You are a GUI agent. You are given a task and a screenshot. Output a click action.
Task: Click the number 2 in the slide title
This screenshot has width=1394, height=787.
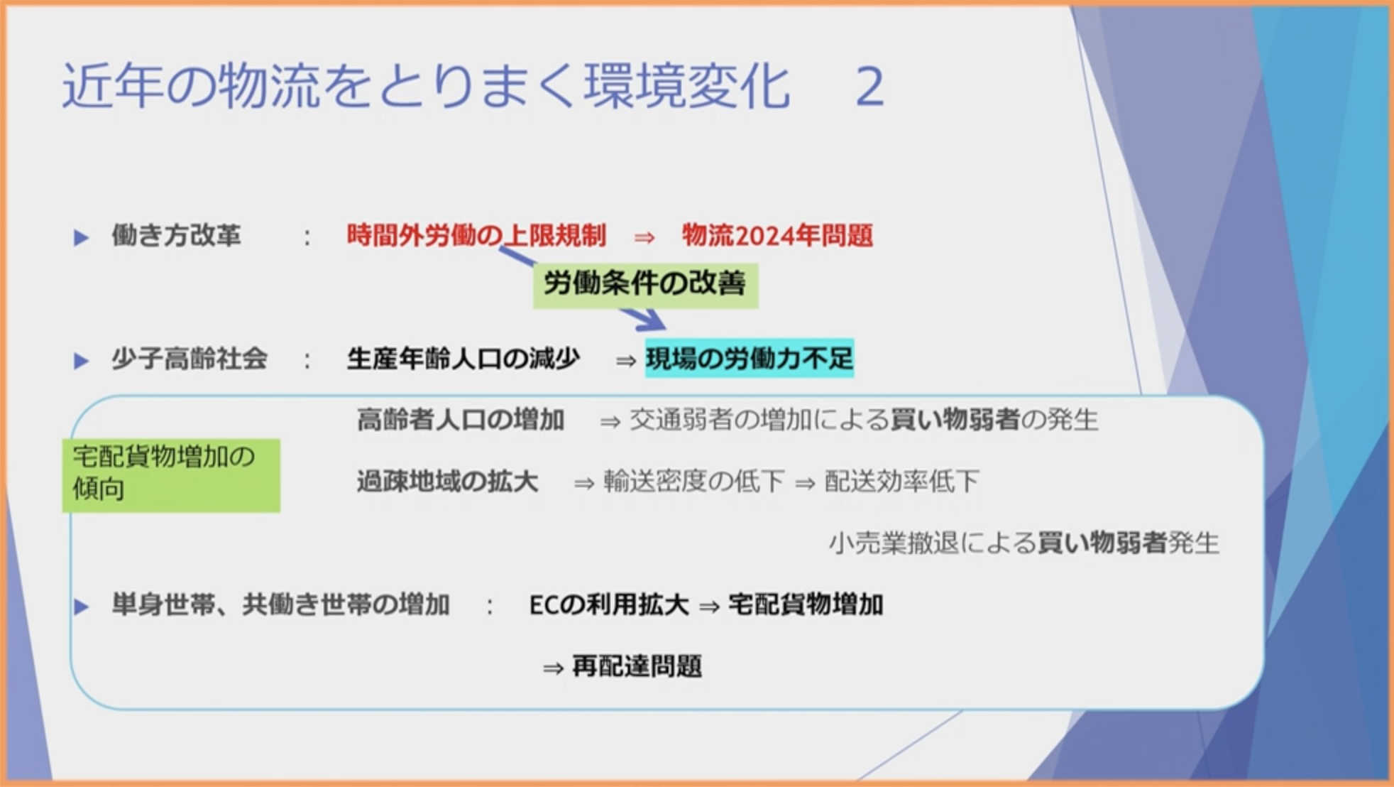pyautogui.click(x=870, y=86)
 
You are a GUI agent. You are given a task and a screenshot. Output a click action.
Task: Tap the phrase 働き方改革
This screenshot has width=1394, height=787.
pyautogui.click(x=176, y=235)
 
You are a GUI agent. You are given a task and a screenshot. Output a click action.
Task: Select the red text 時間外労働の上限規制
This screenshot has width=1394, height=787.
pyautogui.click(x=476, y=235)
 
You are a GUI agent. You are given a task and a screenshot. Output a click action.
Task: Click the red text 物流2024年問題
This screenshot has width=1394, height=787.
pyautogui.click(x=777, y=235)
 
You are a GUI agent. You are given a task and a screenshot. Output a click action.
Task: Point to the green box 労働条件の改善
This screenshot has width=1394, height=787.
pyautogui.click(x=645, y=285)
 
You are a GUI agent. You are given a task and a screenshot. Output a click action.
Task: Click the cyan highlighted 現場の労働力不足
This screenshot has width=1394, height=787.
pyautogui.click(x=750, y=358)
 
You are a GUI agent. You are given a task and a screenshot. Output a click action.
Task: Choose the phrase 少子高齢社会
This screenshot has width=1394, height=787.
pyautogui.click(x=190, y=359)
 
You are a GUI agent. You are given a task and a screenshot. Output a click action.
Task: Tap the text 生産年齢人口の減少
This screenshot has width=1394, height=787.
pyautogui.click(x=463, y=359)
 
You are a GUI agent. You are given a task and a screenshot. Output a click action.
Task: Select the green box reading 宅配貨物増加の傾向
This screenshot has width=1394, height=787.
pyautogui.click(x=171, y=474)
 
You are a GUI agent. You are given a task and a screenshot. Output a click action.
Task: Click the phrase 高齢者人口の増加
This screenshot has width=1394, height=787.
pyautogui.click(x=461, y=420)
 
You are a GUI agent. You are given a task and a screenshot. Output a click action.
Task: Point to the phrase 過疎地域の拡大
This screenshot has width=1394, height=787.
pyautogui.click(x=447, y=482)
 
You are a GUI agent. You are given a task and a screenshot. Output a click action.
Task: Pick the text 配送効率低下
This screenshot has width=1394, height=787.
pyautogui.click(x=901, y=482)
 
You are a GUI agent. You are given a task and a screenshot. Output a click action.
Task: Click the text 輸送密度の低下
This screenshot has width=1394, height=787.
pyautogui.click(x=693, y=482)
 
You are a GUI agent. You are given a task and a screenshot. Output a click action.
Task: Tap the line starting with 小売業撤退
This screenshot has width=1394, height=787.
pyautogui.click(x=1024, y=543)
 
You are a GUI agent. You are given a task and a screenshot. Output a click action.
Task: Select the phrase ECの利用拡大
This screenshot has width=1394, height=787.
pyautogui.click(x=609, y=605)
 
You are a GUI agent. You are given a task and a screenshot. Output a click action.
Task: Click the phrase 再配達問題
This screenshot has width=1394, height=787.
pyautogui.click(x=637, y=667)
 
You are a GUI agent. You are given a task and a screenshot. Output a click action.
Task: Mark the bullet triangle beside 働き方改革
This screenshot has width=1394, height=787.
pyautogui.click(x=82, y=237)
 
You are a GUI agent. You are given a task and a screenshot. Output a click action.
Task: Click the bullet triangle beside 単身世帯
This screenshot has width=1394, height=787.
pyautogui.click(x=82, y=607)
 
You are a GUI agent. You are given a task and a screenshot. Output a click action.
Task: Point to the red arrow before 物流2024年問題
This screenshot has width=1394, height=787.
pyautogui.click(x=644, y=237)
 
